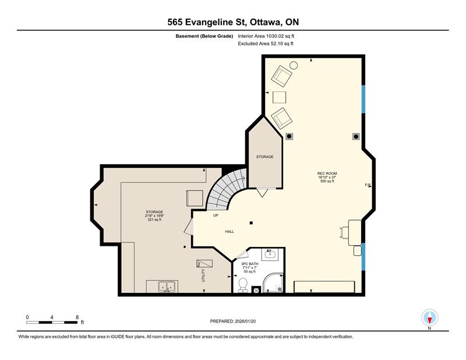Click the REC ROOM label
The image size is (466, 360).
pos(327,174)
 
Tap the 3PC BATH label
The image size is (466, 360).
pos(250,264)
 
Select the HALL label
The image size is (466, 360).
pos(230,231)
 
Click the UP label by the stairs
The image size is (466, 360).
pos(216,215)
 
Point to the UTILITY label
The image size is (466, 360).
pos(203,276)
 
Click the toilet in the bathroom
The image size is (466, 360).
pos(243,285)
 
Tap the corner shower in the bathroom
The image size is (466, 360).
pos(273,283)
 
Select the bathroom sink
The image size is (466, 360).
pos(270,255)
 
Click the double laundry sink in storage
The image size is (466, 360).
pos(162,287)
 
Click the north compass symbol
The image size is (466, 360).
pos(429,318)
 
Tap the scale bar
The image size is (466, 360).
pos(52,322)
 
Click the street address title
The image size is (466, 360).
pos(233,22)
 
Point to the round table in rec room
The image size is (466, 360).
pos(294,65)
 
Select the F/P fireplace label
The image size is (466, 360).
pos(368,185)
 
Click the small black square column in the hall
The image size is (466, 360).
pos(251,223)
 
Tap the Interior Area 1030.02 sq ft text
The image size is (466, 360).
pos(266,36)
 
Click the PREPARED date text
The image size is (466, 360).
pos(233,321)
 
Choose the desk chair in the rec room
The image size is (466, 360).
pos(344,232)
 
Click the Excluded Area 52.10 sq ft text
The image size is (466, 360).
pos(266,44)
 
